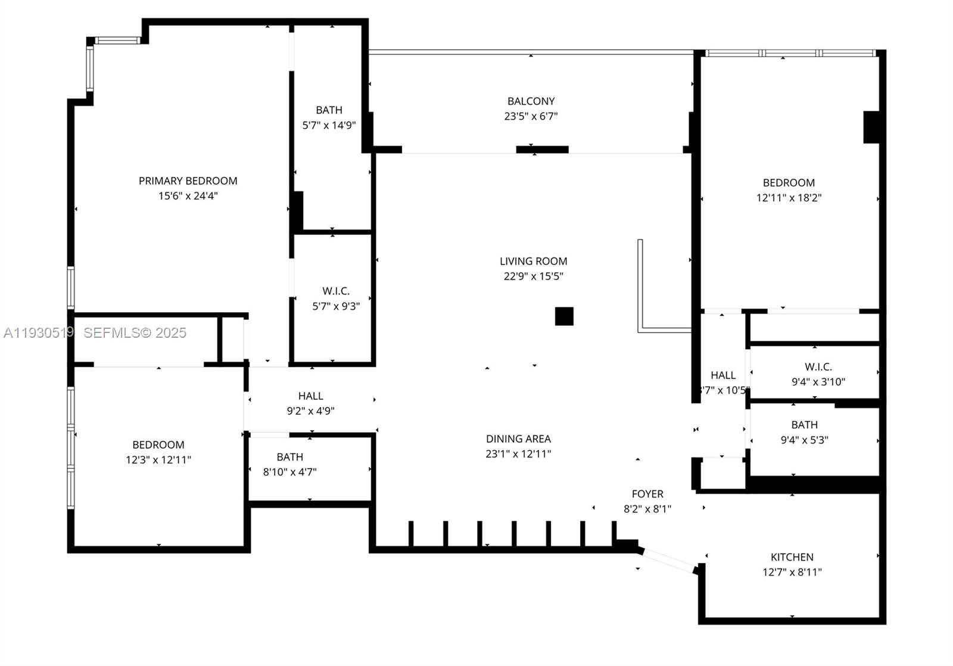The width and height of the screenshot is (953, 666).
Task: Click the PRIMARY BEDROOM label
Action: pos(188,180)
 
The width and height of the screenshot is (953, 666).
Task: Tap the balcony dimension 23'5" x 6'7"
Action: pos(531,116)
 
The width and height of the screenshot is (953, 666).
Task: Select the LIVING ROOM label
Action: pos(533,261)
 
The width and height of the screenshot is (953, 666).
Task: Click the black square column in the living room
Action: pos(564,316)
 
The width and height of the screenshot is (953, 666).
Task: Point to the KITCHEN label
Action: pos(792,557)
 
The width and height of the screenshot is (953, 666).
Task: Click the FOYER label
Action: pos(647,494)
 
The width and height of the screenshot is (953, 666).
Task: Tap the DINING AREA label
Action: pos(518,438)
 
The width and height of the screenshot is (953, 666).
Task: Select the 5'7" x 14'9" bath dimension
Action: pos(329,125)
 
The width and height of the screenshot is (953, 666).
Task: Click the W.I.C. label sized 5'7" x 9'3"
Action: pos(336,291)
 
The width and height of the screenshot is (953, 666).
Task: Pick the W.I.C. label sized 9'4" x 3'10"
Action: pos(818,367)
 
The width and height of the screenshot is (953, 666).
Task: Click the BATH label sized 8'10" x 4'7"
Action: pos(289,457)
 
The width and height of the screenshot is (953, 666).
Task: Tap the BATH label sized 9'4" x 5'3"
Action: pos(804,425)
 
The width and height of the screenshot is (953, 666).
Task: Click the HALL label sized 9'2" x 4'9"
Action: pos(310,396)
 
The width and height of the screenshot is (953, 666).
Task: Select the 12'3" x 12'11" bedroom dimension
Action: pos(158,460)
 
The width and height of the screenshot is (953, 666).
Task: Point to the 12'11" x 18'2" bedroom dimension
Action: pos(789,198)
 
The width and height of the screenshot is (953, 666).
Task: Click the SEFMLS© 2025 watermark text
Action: pos(135,333)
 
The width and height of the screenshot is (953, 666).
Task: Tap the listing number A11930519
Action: pos(38,333)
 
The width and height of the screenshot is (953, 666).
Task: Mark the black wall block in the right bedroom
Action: pos(871,127)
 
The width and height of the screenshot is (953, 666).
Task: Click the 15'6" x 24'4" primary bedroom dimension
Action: pos(188,196)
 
